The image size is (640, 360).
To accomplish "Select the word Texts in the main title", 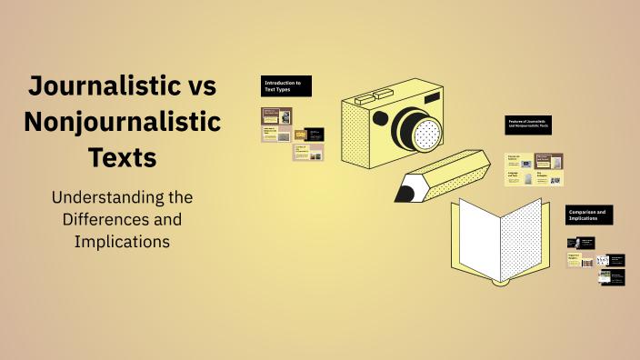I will pyautogui.click(x=123, y=156).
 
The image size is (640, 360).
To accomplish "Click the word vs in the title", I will pyautogui.click(x=194, y=87).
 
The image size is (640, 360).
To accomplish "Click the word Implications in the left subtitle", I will pyautogui.click(x=122, y=242).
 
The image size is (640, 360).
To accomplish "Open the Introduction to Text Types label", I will pyautogui.click(x=286, y=86).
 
